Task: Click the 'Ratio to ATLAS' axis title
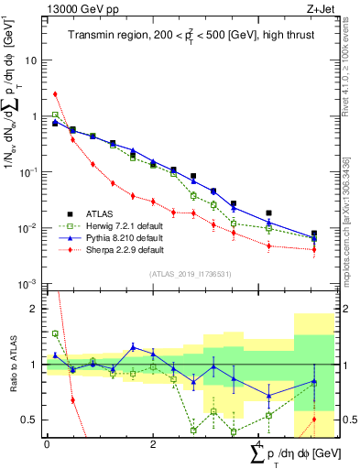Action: click(14, 364)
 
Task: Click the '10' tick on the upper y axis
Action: click(31, 60)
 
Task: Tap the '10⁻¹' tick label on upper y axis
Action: click(29, 172)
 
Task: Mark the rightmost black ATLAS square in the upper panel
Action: click(314, 234)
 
